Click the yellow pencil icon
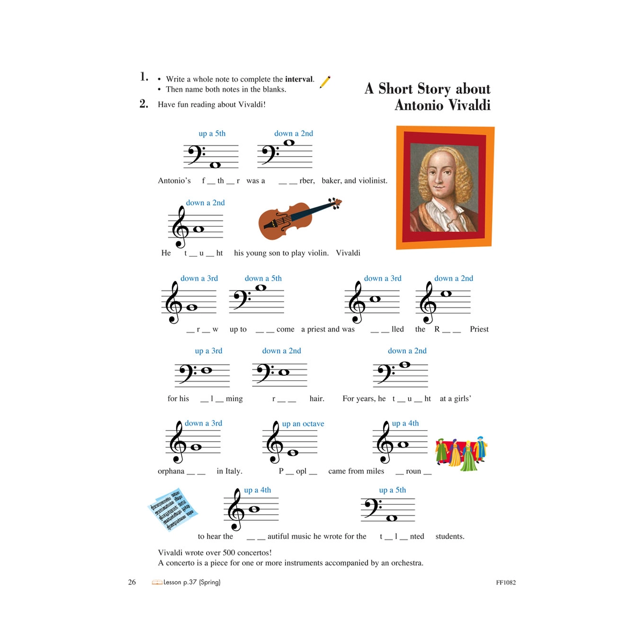click(325, 82)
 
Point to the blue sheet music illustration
click(173, 508)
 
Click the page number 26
click(132, 582)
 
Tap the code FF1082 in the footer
click(506, 582)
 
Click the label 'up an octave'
click(303, 423)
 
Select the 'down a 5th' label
click(263, 278)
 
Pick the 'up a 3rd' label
click(208, 350)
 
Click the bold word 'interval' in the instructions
click(299, 79)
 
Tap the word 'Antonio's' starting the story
click(174, 181)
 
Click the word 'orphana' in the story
click(171, 471)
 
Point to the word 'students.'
click(450, 536)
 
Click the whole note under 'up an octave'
click(292, 453)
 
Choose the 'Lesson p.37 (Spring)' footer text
click(192, 582)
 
